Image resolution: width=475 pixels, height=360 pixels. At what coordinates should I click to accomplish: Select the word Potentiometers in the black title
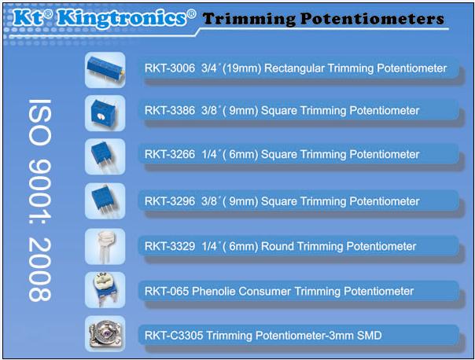click(x=373, y=19)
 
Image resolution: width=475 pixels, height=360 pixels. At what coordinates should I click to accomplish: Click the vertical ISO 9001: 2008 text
click(x=39, y=200)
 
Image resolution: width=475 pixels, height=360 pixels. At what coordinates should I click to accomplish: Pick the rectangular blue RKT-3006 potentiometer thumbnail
click(x=105, y=70)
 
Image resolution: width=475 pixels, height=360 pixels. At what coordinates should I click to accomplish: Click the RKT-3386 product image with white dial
click(x=105, y=113)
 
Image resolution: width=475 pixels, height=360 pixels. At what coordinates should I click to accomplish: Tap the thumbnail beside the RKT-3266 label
click(x=105, y=156)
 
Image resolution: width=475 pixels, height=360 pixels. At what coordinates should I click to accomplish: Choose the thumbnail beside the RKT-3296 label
click(x=105, y=200)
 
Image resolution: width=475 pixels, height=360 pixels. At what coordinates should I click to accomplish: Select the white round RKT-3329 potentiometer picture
click(x=105, y=247)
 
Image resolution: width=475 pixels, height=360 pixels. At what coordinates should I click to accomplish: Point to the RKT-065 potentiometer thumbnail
click(x=105, y=290)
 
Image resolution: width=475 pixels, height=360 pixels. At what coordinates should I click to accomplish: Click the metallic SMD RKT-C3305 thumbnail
click(x=105, y=333)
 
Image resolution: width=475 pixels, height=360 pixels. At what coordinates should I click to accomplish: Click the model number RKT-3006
click(x=170, y=68)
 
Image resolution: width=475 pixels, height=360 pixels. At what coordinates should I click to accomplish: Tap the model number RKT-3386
click(x=170, y=111)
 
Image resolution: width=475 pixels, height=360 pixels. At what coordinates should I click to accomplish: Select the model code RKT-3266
click(x=170, y=154)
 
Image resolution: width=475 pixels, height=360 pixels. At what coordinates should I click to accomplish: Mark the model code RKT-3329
click(x=170, y=246)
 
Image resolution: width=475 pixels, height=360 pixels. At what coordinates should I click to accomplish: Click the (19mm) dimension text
click(x=241, y=68)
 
